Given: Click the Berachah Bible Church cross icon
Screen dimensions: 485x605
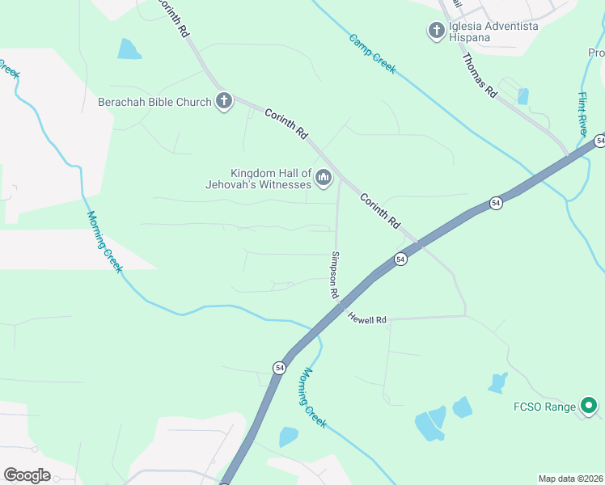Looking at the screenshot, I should coord(224,102).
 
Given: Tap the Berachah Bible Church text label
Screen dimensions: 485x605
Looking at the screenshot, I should coord(154,102).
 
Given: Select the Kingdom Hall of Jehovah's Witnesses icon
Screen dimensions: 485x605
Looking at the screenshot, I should coord(324,178).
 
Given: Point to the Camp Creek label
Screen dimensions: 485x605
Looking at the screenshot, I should coord(373,53).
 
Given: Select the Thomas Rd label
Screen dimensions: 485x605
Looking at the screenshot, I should coord(479,75).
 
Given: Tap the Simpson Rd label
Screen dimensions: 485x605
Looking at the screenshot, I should coord(334,275).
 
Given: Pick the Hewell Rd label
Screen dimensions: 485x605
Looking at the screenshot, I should coord(368,319).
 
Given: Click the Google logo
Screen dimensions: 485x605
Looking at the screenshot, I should coord(27,475).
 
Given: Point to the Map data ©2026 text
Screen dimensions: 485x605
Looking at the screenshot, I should coord(570,479).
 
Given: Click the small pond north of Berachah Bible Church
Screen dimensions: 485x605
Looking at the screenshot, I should coord(129,49).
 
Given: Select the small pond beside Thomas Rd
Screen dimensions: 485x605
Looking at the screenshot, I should coord(522,96).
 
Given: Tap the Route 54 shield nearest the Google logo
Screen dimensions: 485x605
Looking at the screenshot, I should coord(279,367).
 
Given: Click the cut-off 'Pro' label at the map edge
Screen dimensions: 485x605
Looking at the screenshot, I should coord(596,53).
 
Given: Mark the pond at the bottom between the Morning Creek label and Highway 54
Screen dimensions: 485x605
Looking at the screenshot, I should coord(289,437).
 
